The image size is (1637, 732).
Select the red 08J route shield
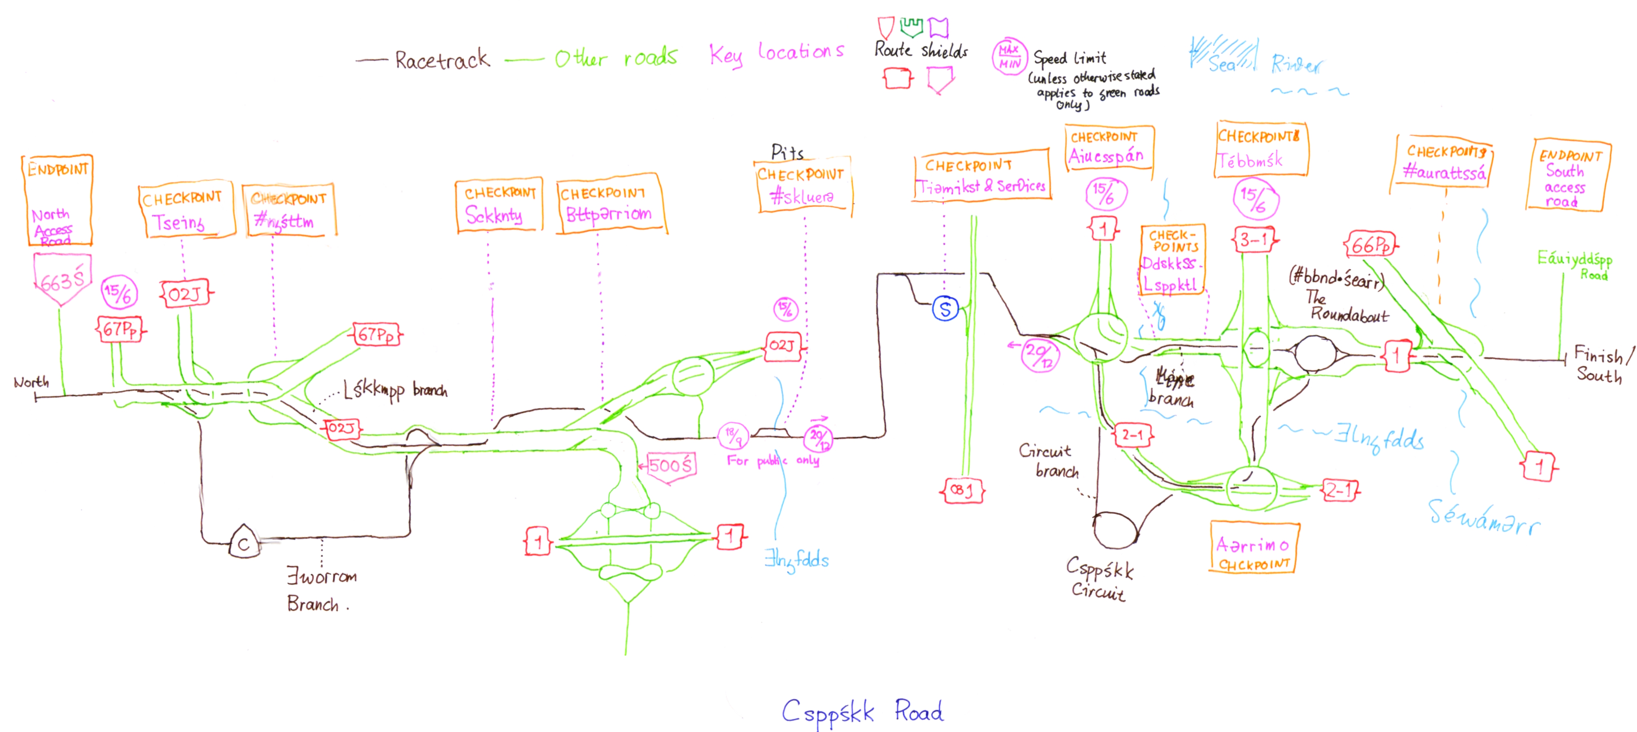point(962,490)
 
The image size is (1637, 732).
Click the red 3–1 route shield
point(1254,240)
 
